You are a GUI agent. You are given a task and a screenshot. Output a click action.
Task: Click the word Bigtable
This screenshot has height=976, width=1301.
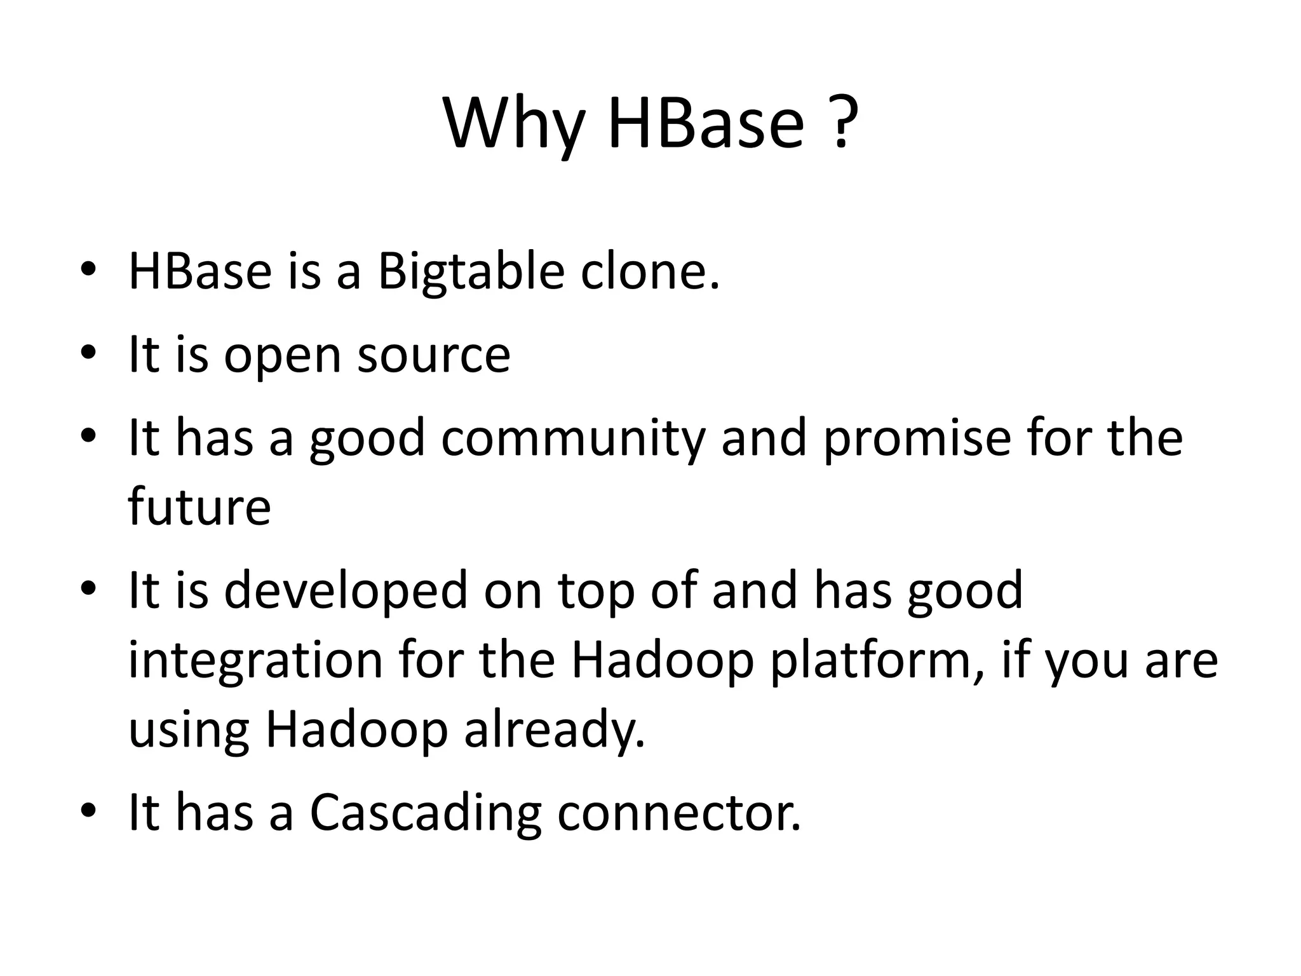[471, 272]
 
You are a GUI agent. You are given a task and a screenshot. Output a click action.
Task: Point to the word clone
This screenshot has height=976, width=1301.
[650, 272]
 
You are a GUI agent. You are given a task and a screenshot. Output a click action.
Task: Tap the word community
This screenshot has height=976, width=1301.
[573, 438]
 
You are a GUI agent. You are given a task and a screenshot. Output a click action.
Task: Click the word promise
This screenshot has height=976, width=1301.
[917, 438]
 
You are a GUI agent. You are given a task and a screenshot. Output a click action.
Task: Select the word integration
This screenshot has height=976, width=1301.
[256, 661]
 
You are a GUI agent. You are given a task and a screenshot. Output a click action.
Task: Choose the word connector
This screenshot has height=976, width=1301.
[679, 813]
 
